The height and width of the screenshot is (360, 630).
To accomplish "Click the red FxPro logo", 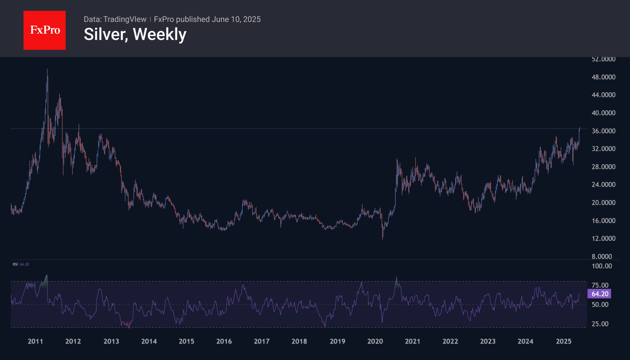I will point(45,30).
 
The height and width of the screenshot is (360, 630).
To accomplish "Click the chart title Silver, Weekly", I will point(135,34).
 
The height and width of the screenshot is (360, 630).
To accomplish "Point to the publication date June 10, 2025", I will point(236,19).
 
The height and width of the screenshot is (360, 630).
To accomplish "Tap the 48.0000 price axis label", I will point(603,77).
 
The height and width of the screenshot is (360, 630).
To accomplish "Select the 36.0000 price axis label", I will point(603,131).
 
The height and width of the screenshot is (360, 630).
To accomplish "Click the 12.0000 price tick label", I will point(603,238).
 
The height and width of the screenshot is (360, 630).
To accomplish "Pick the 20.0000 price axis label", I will point(603,203).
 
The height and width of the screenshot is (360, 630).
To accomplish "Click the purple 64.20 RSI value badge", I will point(599,294).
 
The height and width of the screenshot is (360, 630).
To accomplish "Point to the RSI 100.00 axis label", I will point(602,266).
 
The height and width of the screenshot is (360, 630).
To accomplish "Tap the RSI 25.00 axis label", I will point(600,324).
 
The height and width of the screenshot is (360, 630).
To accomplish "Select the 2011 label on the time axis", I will point(35,341).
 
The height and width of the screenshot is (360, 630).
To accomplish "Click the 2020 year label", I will point(375,341).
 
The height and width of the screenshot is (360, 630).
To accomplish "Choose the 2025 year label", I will point(563,341).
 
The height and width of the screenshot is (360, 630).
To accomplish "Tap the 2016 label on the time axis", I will point(224,341).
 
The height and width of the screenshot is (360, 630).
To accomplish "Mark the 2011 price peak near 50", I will point(47,70).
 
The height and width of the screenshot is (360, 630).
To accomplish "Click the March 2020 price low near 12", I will point(382,239).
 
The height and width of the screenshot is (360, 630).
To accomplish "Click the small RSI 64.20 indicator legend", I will point(21,264).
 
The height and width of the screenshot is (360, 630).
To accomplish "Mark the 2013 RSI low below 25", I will point(129,327).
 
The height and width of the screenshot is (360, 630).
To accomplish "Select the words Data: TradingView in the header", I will point(115,19).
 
